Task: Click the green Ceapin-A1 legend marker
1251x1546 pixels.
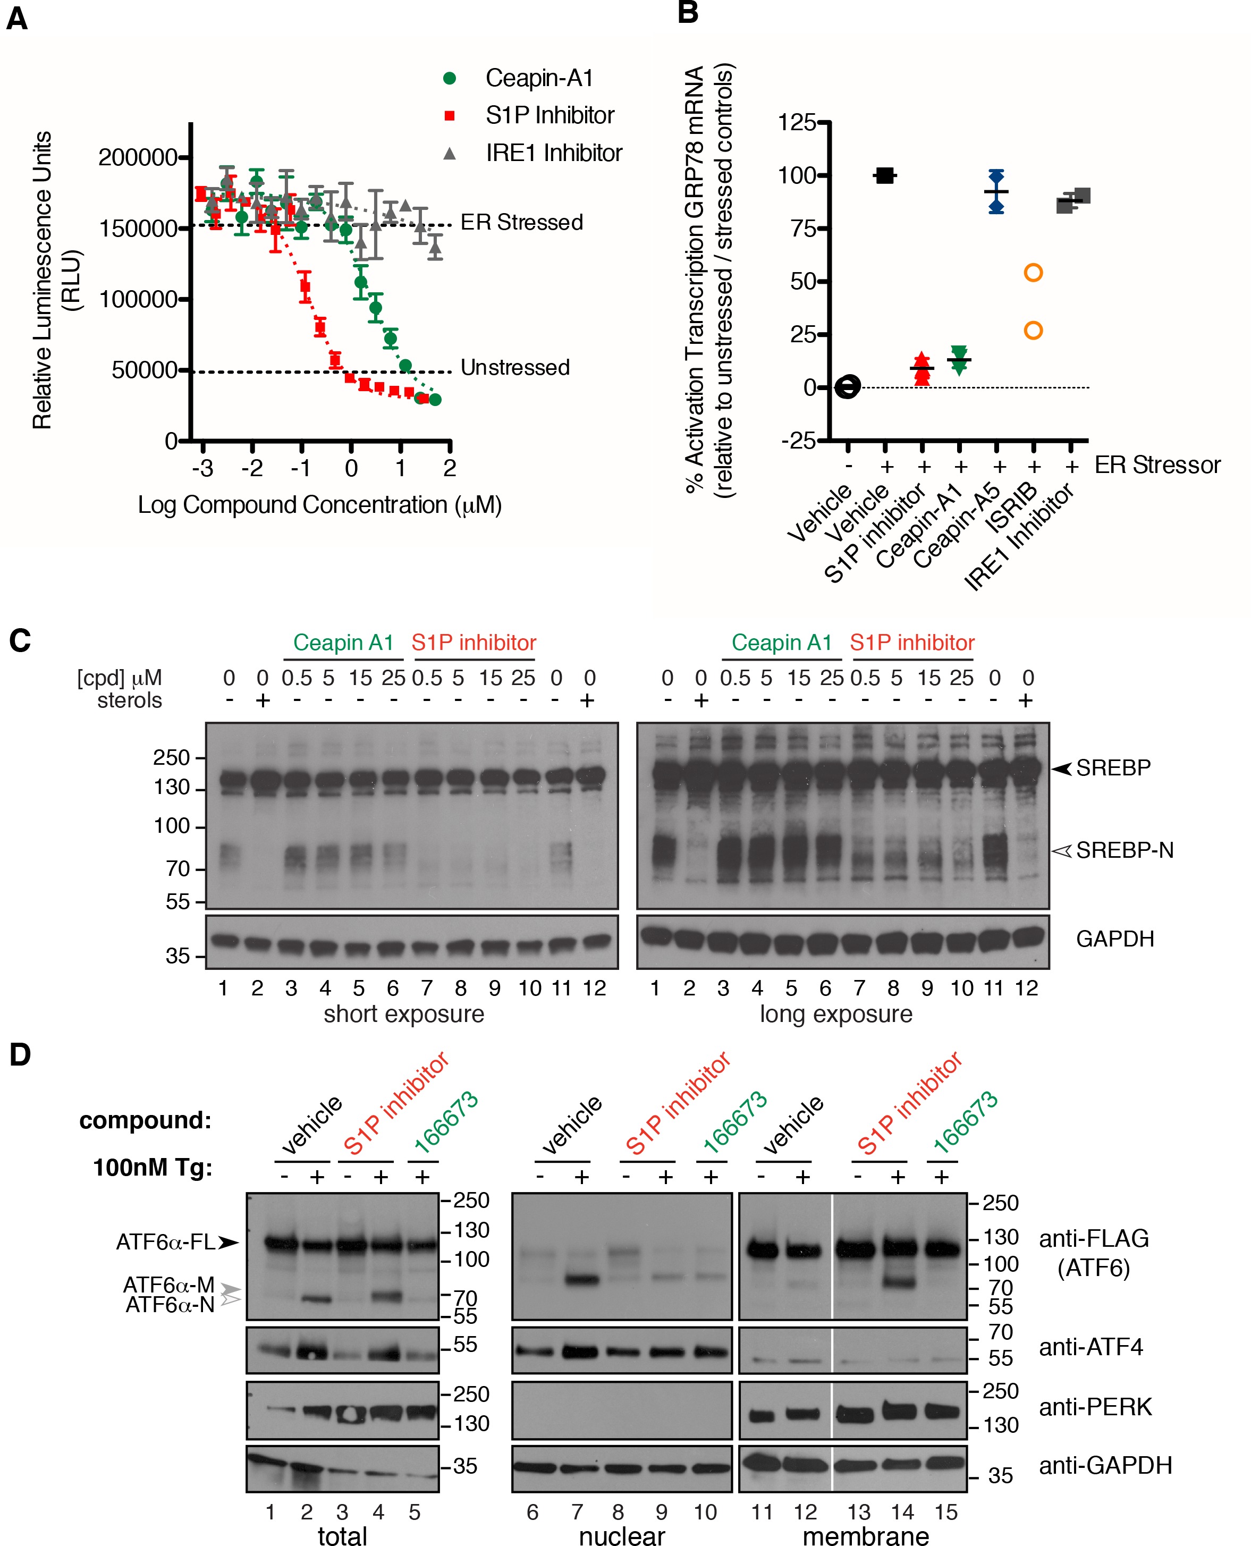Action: pyautogui.click(x=450, y=78)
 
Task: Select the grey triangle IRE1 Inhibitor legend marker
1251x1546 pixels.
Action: pyautogui.click(x=450, y=153)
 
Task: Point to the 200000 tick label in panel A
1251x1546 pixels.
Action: pyautogui.click(x=138, y=157)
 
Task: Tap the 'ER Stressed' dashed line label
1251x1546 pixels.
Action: pyautogui.click(x=522, y=222)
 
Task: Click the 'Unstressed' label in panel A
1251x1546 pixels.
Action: pyautogui.click(x=515, y=368)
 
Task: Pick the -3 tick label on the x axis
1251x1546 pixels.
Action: pyautogui.click(x=202, y=469)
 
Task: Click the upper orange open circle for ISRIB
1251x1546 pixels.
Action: pyautogui.click(x=1033, y=273)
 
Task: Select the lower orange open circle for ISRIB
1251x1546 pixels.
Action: pyautogui.click(x=1033, y=331)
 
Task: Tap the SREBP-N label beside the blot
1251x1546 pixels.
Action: pyautogui.click(x=1124, y=850)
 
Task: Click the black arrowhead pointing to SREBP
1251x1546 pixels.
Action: pyautogui.click(x=1061, y=768)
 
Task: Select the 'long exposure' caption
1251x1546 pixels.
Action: pyautogui.click(x=836, y=1014)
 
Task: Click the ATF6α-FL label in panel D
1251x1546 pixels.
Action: pyautogui.click(x=166, y=1242)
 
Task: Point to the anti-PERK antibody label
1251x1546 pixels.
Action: pyautogui.click(x=1095, y=1406)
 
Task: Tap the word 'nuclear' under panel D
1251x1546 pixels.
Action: pyautogui.click(x=622, y=1535)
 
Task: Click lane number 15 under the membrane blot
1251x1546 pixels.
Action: pyautogui.click(x=946, y=1512)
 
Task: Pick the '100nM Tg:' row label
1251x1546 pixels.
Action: pyautogui.click(x=153, y=1168)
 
